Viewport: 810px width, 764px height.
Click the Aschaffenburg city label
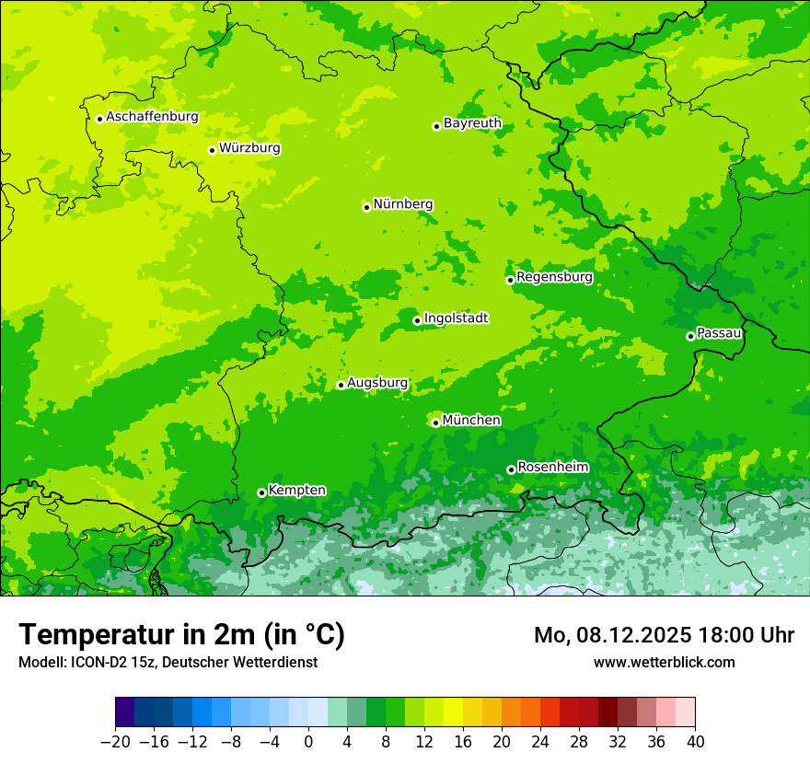pos(152,117)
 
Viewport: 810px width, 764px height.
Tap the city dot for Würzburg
pos(212,150)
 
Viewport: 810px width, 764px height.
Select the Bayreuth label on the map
pos(472,123)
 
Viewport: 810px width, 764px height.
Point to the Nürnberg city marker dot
pos(366,207)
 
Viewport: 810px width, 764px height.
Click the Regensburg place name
pos(554,277)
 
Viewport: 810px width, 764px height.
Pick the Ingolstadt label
pos(456,318)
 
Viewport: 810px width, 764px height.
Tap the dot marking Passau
pos(690,336)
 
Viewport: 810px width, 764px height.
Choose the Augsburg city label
pos(377,383)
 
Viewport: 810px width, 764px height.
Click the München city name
pos(471,421)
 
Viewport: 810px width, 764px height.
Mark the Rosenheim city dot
pos(511,469)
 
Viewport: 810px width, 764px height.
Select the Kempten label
pos(296,490)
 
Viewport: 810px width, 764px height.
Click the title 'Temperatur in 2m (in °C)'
pos(181,635)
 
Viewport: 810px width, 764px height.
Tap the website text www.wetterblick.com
pos(664,662)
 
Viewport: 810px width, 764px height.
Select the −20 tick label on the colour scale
pos(115,742)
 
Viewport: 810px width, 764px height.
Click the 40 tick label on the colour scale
pos(695,742)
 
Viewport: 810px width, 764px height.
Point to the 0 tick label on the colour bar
pos(308,742)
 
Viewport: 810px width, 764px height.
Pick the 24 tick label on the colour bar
pos(540,742)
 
